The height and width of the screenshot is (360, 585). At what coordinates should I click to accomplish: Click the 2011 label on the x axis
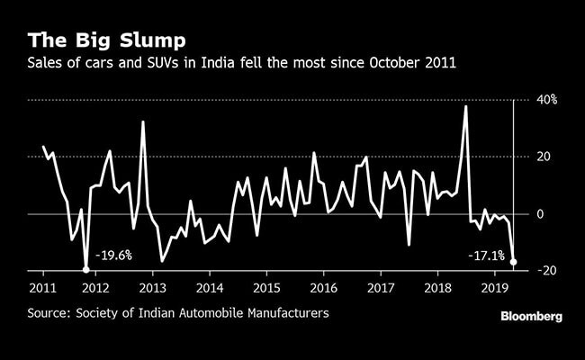[x=42, y=288]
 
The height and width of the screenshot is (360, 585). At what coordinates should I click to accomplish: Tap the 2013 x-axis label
[x=152, y=288]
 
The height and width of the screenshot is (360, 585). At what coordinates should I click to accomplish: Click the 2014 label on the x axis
[x=209, y=288]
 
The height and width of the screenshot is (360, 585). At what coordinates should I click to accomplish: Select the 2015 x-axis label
[x=265, y=288]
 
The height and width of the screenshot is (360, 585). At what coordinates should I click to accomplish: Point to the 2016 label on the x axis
[x=321, y=288]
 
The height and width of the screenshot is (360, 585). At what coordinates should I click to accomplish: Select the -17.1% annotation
[x=486, y=256]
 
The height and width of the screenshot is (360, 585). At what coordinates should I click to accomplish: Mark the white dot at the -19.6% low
[x=86, y=269]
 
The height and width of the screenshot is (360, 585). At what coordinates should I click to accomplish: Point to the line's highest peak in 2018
[x=465, y=106]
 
